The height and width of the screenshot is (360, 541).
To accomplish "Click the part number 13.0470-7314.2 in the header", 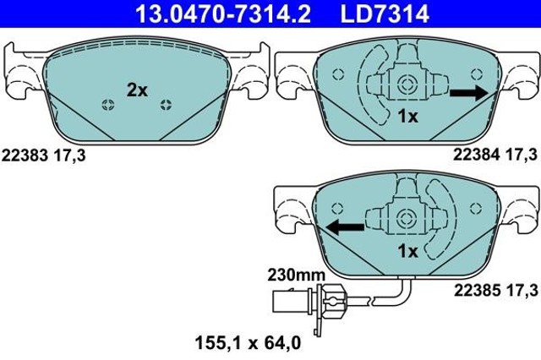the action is click(223, 14).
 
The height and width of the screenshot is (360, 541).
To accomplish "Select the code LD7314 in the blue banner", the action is click(385, 14).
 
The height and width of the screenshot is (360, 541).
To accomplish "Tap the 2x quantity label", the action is click(137, 90).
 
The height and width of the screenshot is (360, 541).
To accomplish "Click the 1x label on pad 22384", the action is click(407, 117).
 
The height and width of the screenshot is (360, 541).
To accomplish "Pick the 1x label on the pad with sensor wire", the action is click(407, 251).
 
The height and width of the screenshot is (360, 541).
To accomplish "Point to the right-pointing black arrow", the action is click(469, 93).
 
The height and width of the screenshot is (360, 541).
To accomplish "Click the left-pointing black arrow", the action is click(345, 227).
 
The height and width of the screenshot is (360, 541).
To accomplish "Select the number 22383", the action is click(25, 155).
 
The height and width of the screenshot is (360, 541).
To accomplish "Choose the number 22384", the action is click(476, 155).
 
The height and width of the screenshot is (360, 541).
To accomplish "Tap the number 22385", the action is click(477, 291).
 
